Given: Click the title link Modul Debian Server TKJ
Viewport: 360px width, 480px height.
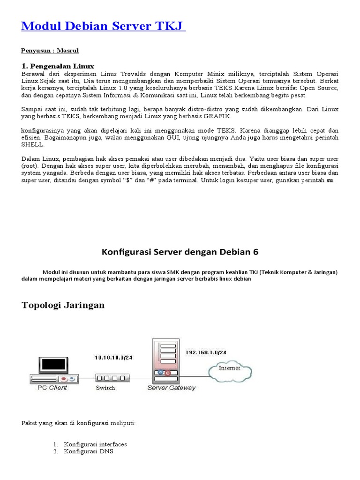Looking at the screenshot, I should (103, 27).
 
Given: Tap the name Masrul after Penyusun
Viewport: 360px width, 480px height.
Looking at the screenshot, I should (70, 50).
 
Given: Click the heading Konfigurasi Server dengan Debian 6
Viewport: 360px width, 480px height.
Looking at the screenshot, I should (180, 252).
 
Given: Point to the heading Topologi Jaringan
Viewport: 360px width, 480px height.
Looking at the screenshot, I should (63, 305).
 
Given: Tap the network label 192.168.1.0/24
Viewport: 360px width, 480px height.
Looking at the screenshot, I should (206, 352).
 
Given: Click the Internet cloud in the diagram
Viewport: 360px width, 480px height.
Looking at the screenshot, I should (229, 369).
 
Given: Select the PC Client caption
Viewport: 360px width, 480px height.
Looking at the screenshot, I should (52, 388).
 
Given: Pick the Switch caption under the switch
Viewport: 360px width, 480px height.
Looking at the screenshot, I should (105, 388).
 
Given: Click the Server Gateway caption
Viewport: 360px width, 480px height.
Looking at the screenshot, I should (172, 388).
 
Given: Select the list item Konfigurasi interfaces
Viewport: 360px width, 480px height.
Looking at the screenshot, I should (96, 444).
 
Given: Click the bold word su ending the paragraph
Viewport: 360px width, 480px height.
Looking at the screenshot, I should (330, 181).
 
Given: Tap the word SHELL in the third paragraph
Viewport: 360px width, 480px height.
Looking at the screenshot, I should (32, 145).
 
